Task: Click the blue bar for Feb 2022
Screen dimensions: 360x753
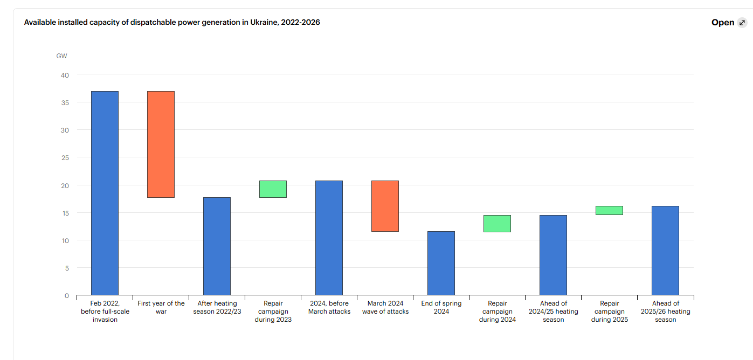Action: point(105,193)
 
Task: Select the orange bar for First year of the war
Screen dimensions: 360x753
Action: point(161,144)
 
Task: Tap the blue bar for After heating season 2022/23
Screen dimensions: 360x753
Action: point(217,246)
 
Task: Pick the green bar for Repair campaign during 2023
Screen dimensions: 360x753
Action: point(273,189)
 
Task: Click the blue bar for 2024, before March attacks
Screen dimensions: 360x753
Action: point(329,238)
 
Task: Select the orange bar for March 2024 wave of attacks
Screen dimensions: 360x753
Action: point(385,206)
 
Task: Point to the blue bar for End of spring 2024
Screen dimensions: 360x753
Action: point(441,263)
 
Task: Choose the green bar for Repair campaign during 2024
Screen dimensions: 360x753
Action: point(497,224)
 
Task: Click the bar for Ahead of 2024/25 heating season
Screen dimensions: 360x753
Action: point(553,255)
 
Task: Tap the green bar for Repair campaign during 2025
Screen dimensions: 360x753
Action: point(609,210)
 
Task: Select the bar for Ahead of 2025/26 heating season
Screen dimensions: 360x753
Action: point(665,251)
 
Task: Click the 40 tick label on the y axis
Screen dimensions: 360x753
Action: point(65,75)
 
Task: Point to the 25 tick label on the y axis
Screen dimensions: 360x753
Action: point(65,158)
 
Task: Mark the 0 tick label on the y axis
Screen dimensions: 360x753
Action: point(67,295)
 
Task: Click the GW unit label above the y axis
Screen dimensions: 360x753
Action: point(61,56)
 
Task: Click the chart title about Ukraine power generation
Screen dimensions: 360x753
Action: point(172,23)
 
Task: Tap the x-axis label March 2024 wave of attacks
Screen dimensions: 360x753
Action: point(385,307)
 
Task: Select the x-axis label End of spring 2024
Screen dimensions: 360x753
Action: point(441,307)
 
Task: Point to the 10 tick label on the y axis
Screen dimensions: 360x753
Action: point(65,240)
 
